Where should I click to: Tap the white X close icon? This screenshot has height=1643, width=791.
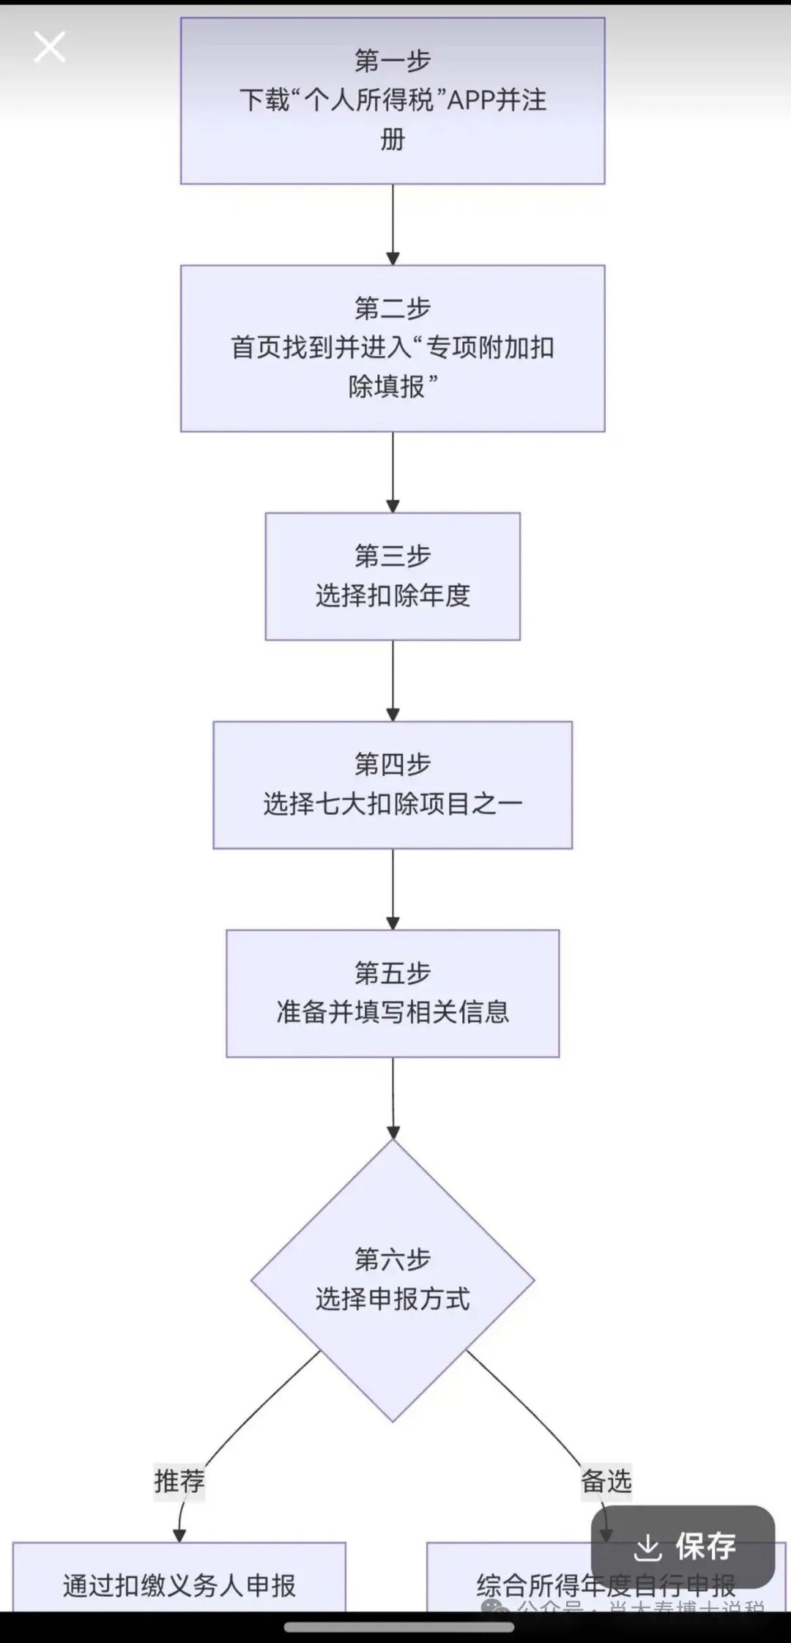coord(50,47)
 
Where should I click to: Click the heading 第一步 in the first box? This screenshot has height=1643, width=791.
coord(393,60)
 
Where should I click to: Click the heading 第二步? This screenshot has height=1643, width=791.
coord(393,308)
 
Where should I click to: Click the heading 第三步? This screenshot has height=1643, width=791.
coord(393,556)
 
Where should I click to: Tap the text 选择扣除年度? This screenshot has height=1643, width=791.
coord(393,595)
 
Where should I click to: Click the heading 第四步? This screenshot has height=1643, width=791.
coord(393,764)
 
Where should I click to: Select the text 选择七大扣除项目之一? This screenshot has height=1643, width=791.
coord(393,804)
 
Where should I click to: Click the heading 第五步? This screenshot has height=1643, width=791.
coord(393,973)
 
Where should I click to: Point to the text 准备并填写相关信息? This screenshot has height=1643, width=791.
coord(393,1012)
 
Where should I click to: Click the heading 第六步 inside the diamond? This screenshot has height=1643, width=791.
coord(393,1259)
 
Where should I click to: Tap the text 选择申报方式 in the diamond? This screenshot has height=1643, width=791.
coord(393,1299)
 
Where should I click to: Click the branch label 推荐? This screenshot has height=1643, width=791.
coord(179,1481)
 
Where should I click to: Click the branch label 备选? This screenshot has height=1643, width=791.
coord(606,1481)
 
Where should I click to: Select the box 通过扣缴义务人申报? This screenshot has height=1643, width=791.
coord(179,1586)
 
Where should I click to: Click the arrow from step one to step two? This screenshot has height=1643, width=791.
coord(393,223)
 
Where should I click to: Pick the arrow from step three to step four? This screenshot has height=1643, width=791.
coord(393,680)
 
